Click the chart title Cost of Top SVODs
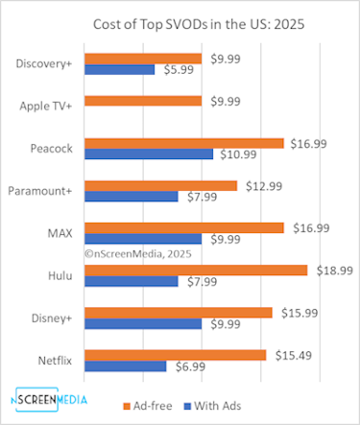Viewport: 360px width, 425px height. point(180,23)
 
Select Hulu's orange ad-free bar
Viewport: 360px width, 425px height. point(196,271)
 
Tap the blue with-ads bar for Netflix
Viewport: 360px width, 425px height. point(126,366)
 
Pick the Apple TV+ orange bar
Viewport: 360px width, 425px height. point(143,101)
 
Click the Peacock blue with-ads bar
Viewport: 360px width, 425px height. point(149,153)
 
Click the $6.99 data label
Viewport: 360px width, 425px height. point(189,366)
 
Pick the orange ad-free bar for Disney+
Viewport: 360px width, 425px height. point(179,313)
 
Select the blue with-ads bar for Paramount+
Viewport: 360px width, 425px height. point(132,197)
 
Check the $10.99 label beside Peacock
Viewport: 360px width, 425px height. point(238,153)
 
